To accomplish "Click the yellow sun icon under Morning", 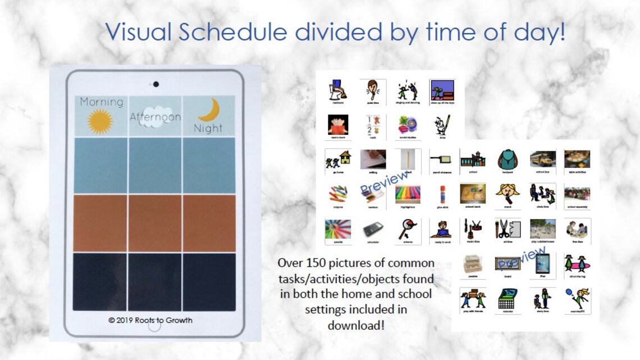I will tap(100, 121).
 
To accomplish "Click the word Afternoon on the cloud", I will tap(156, 117).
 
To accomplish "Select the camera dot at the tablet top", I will tap(156, 84).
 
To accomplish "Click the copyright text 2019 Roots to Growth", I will tap(150, 320).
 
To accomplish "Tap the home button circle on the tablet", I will tap(154, 326).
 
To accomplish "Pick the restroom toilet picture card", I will tap(338, 90).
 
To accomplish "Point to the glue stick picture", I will tap(442, 194).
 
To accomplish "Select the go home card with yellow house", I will tap(338, 160).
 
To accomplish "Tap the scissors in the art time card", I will tap(503, 229).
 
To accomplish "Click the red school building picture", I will tap(472, 160).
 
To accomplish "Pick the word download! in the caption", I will tap(356, 325).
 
